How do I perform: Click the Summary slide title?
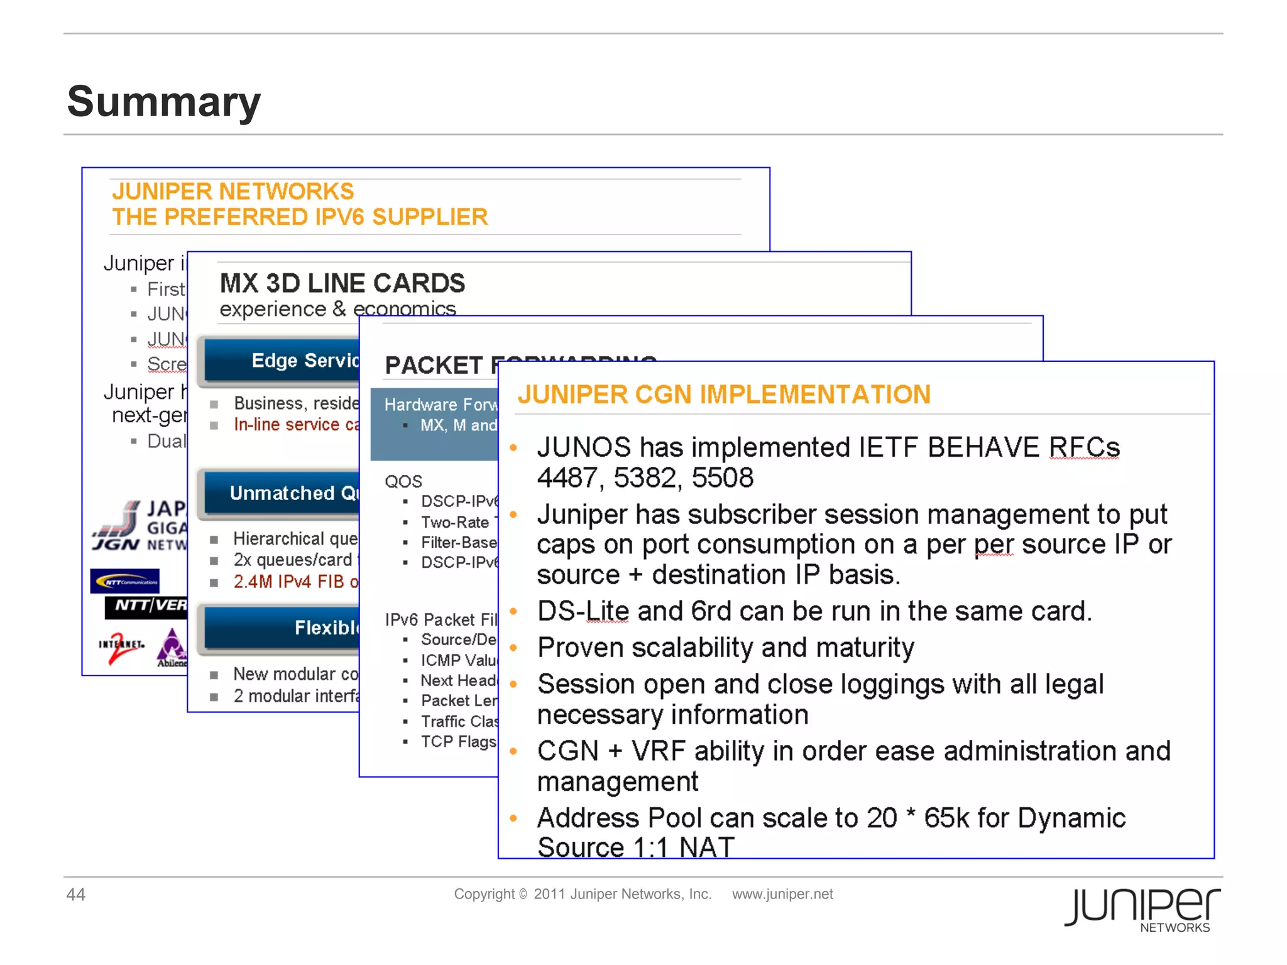163,102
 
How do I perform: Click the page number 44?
75,894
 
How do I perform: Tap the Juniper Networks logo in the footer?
1142,909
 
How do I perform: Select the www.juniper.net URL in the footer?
782,894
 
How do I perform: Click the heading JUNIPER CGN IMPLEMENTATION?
723,395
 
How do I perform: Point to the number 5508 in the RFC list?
722,478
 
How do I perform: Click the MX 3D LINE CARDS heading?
342,283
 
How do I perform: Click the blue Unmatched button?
283,493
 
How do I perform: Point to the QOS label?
403,481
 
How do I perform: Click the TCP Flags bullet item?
457,742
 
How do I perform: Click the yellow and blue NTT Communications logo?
124,581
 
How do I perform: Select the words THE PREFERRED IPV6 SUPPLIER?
300,217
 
